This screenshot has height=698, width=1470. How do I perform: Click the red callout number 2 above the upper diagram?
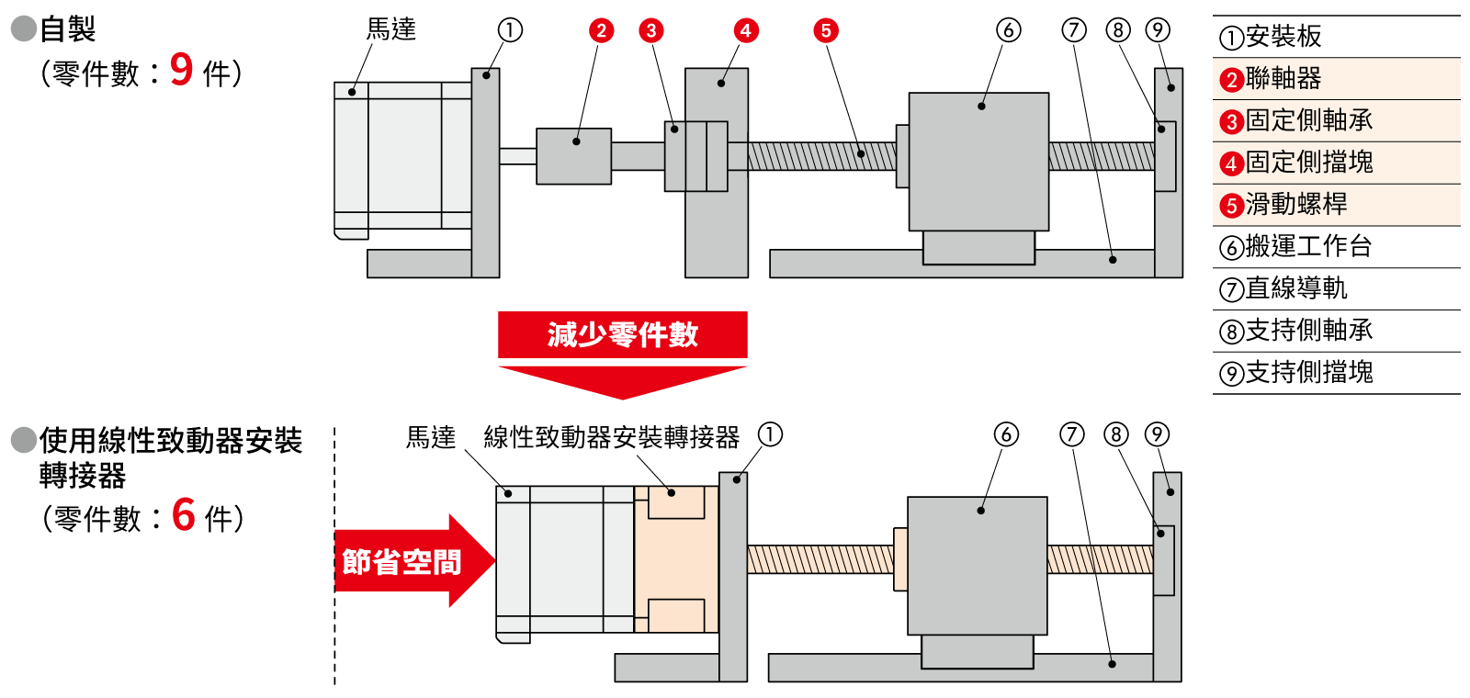[x=601, y=31]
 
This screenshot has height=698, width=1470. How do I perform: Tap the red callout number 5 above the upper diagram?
[x=826, y=31]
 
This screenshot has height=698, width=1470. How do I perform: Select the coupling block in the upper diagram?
[x=573, y=156]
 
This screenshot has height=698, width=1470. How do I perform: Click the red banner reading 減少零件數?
[x=622, y=334]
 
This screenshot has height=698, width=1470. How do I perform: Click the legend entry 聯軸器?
[x=1283, y=79]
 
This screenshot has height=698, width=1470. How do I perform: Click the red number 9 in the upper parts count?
[x=182, y=70]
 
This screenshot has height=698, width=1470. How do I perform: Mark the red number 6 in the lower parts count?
[x=184, y=515]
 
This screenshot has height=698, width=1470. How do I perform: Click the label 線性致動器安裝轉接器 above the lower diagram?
[x=611, y=437]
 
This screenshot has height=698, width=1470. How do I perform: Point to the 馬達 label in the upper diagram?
[x=391, y=29]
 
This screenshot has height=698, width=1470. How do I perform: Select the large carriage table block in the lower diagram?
[x=977, y=565]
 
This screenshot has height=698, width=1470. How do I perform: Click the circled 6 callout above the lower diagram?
[x=1006, y=434]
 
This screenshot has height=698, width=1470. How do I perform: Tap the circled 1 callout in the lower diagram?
[x=770, y=434]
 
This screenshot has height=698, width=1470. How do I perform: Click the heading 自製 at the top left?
[x=67, y=29]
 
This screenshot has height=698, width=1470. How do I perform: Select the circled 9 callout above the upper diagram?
[x=1158, y=30]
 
